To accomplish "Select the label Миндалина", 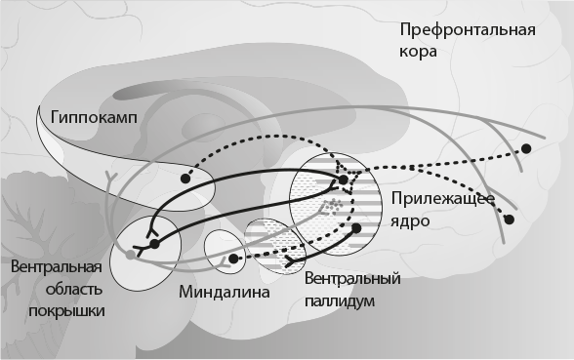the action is pyautogui.click(x=224, y=291).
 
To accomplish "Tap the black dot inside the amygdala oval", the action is pyautogui.click(x=233, y=260).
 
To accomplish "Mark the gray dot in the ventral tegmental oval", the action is pyautogui.click(x=131, y=256).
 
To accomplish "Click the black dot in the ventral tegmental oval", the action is pyautogui.click(x=152, y=242).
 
